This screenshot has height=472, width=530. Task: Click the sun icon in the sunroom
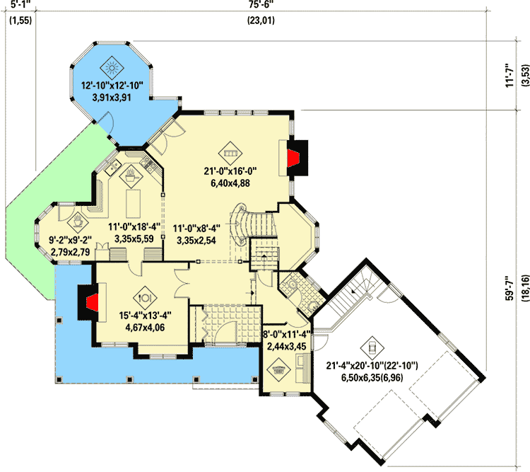click(112, 69)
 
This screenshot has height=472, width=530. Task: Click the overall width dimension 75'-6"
click(261, 6)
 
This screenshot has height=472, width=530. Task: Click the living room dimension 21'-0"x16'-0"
click(230, 171)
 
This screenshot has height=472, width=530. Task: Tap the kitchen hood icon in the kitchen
click(132, 174)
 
